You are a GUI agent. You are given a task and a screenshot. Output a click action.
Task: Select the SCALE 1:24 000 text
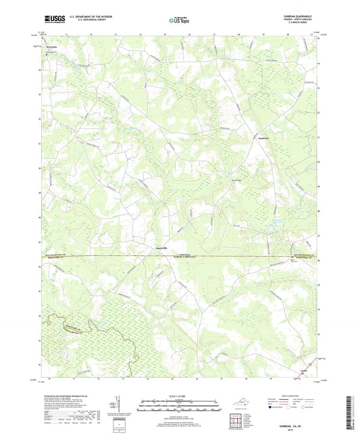[x=179, y=397]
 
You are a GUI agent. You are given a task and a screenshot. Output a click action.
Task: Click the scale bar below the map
[x=179, y=406]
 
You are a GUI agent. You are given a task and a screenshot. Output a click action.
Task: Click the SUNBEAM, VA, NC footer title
[x=304, y=426]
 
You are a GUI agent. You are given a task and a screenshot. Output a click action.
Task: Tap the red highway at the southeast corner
[x=312, y=371]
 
